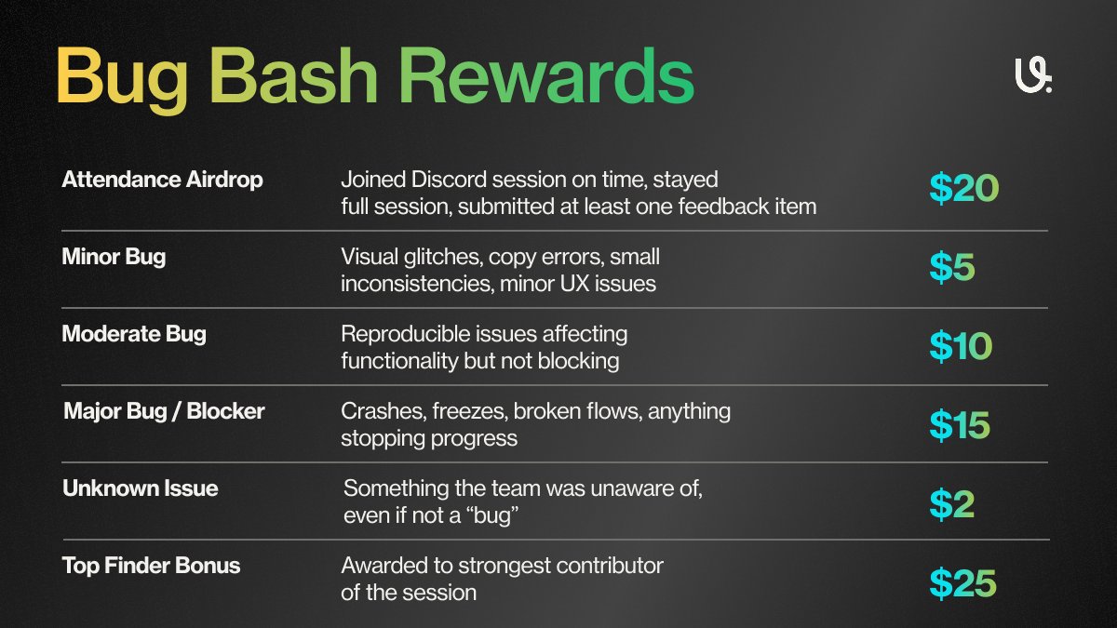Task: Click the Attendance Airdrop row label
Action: [x=162, y=179]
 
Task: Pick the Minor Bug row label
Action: [x=114, y=256]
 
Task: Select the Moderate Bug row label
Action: [x=134, y=333]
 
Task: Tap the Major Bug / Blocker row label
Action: [x=164, y=410]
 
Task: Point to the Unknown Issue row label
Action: [x=140, y=488]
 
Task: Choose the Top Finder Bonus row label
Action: [x=151, y=565]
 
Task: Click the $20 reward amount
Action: [x=963, y=189]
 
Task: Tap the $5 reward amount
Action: [x=951, y=267]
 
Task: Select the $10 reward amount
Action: [x=961, y=346]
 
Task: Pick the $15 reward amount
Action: [x=959, y=424]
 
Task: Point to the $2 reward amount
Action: [x=951, y=503]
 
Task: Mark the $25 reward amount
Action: [x=962, y=582]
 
